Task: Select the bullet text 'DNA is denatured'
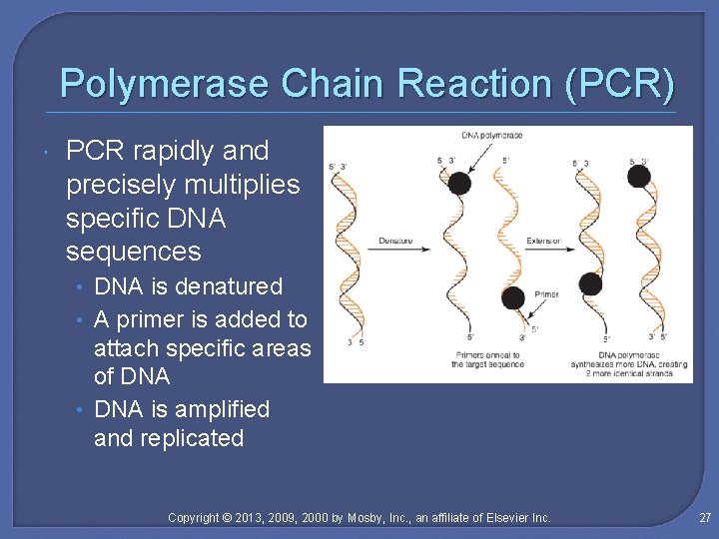pos(188,286)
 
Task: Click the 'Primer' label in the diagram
pos(546,294)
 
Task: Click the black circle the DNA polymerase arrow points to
pos(458,183)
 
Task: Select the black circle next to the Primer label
pos(513,298)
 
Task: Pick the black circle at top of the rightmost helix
pos(638,177)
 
